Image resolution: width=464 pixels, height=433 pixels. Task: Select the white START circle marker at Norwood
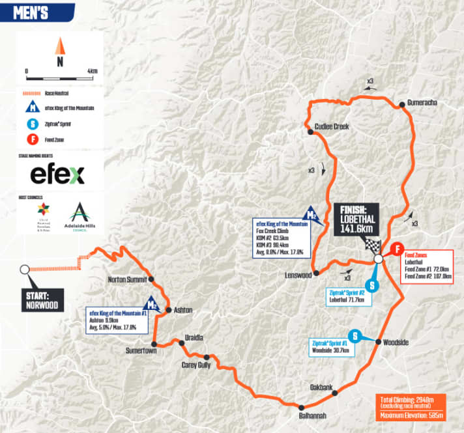24,269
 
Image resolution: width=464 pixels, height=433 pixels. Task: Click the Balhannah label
309,415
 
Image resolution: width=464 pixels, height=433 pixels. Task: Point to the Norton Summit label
128,281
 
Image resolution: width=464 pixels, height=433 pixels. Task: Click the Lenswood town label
299,275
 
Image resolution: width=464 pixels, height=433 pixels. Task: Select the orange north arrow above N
59,46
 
